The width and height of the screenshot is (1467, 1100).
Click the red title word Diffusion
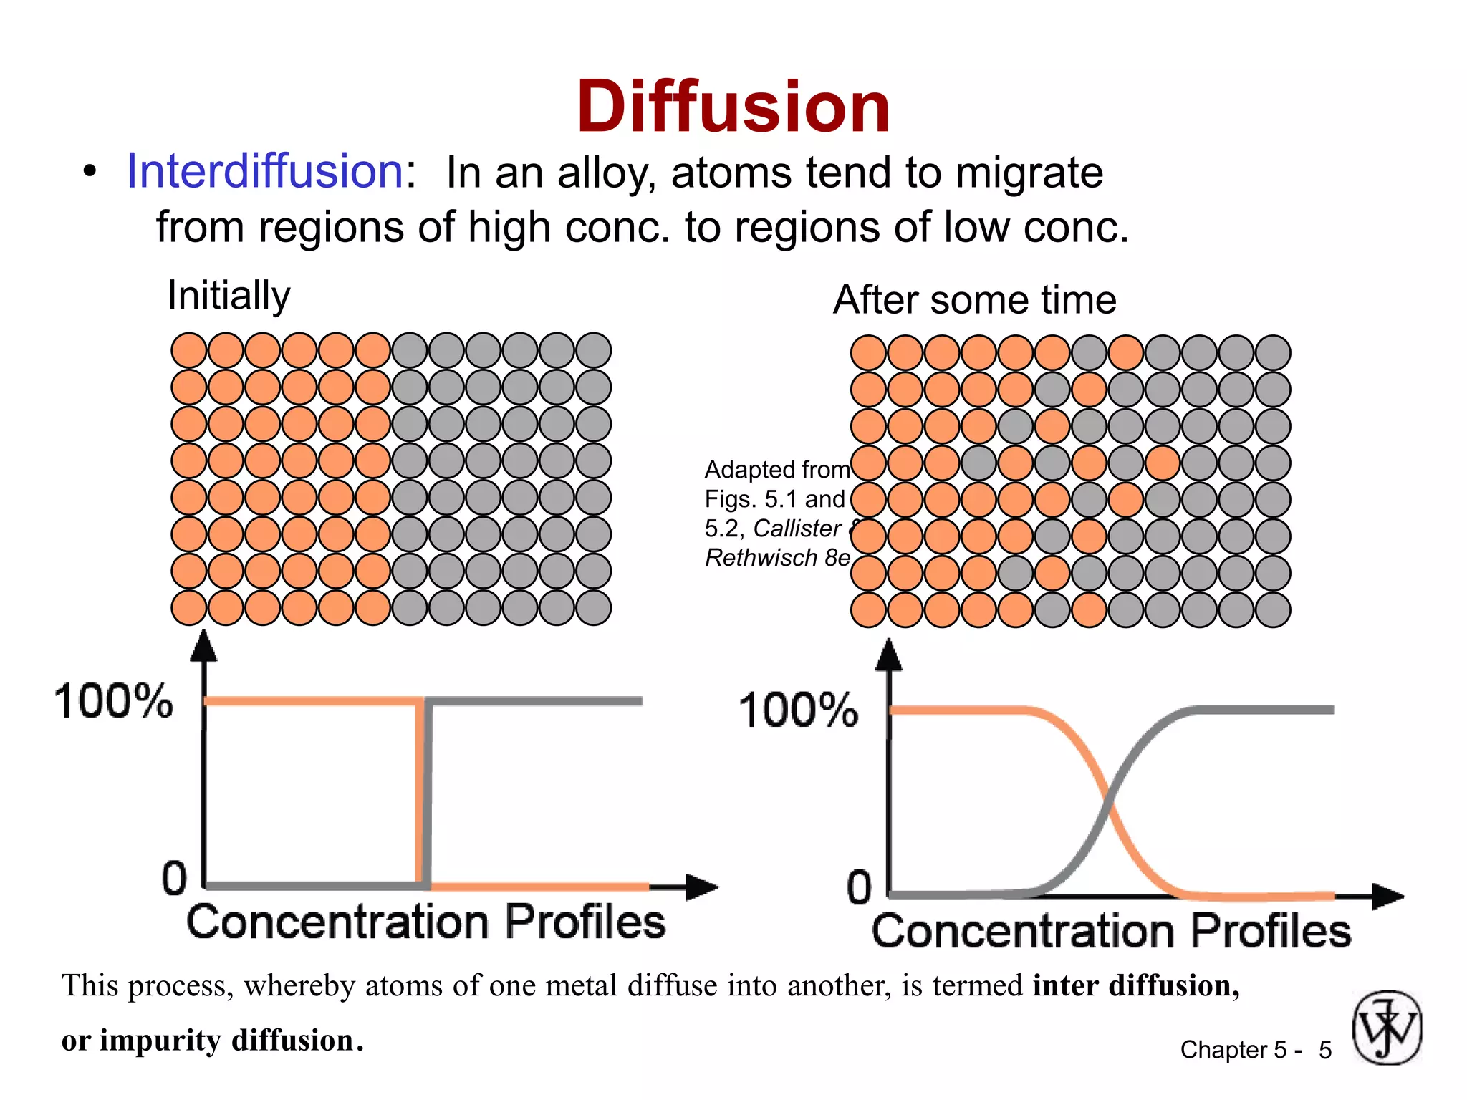pyautogui.click(x=733, y=107)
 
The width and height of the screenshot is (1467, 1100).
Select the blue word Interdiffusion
pyautogui.click(x=265, y=172)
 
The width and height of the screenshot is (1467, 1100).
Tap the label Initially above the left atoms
pyautogui.click(x=229, y=295)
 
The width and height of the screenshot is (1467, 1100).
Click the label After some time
pyautogui.click(x=975, y=299)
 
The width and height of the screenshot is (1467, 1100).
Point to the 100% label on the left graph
pyautogui.click(x=114, y=700)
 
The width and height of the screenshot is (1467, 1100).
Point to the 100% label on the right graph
pyautogui.click(x=799, y=710)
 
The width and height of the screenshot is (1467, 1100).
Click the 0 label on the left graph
pyautogui.click(x=174, y=878)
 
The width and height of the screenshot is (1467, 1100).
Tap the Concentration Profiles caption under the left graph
pyautogui.click(x=426, y=922)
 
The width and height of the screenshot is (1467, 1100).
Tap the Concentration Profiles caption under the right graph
pyautogui.click(x=1111, y=931)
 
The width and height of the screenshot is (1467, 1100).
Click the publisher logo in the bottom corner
pyautogui.click(x=1387, y=1027)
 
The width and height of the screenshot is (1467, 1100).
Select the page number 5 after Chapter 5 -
pyautogui.click(x=1325, y=1051)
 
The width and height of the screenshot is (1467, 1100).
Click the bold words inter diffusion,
pyautogui.click(x=1136, y=986)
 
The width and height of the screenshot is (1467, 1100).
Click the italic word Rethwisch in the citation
pyautogui.click(x=761, y=558)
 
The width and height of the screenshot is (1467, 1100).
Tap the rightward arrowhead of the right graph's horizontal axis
pyautogui.click(x=1388, y=896)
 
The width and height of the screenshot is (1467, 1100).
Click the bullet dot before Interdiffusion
pyautogui.click(x=89, y=173)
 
